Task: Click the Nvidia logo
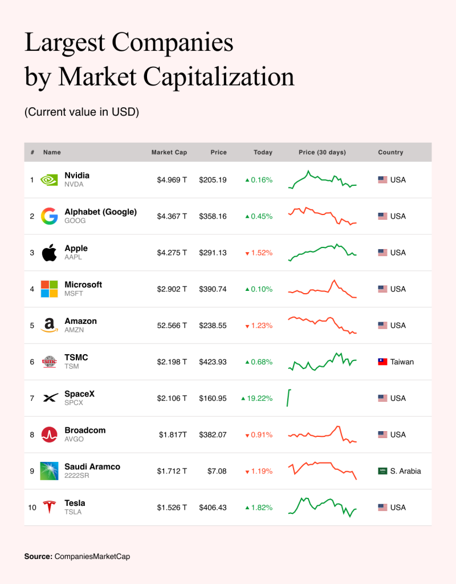(49, 180)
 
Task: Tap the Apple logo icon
(49, 253)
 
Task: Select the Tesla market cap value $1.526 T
(172, 507)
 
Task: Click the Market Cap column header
(169, 152)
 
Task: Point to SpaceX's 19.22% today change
(257, 398)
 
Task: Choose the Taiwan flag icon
(382, 362)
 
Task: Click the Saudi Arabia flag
(382, 471)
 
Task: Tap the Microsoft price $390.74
(213, 289)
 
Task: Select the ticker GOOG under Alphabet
(75, 221)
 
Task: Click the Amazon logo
(49, 325)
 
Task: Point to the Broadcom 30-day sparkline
(323, 434)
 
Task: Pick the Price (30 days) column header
(323, 152)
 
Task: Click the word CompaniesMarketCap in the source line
(92, 557)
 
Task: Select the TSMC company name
(76, 357)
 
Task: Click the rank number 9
(32, 471)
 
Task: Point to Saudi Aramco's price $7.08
(217, 471)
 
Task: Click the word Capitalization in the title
(218, 77)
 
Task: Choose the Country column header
(390, 152)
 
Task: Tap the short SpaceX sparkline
(288, 398)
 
